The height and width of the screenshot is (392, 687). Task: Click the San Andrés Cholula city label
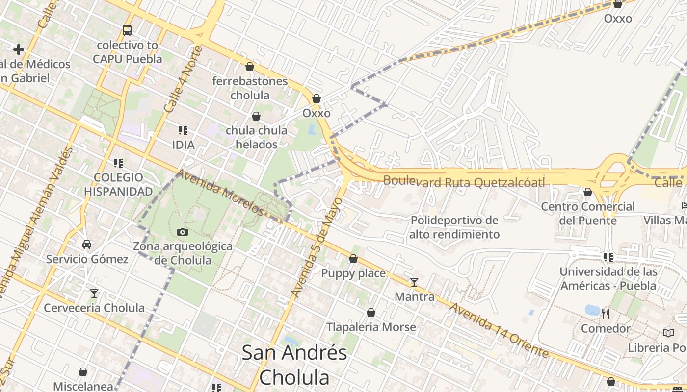[x=294, y=365]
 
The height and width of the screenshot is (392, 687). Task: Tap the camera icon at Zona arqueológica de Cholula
[x=183, y=232]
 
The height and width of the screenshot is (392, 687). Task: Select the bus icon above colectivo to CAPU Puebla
[x=127, y=30]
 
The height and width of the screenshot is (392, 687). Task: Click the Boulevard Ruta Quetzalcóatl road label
[x=464, y=182]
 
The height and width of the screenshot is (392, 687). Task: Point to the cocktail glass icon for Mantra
[x=414, y=282]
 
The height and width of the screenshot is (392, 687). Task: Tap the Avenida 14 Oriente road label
[x=499, y=330]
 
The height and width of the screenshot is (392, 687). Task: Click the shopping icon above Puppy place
[x=353, y=259]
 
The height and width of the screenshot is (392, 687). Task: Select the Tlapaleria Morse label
[x=371, y=327]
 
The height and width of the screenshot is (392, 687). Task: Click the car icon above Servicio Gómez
[x=87, y=245]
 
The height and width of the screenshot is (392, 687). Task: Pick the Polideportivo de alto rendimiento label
[x=454, y=227]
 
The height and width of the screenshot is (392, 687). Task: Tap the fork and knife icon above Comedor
[x=606, y=314]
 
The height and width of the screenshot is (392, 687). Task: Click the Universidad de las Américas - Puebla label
[x=608, y=278]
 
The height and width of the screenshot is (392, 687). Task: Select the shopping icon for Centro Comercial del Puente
[x=588, y=192]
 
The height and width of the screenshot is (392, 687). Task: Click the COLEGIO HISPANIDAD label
[x=118, y=184]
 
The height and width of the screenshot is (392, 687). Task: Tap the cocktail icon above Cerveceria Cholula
[x=94, y=294]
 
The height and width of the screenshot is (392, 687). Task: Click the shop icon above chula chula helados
[x=256, y=116]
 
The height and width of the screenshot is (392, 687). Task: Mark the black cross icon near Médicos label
[x=19, y=49]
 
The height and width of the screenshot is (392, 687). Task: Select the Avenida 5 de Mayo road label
[x=317, y=247]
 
